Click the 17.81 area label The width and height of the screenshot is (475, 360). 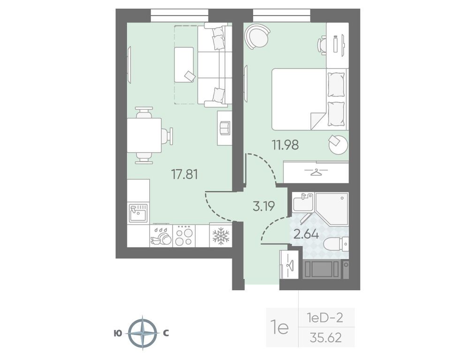pyautogui.click(x=184, y=174)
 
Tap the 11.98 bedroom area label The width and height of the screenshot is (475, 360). pyautogui.click(x=285, y=145)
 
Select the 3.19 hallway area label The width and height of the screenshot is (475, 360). pyautogui.click(x=264, y=206)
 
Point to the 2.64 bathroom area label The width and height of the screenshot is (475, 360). pyautogui.click(x=306, y=234)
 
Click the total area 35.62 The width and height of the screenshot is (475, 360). pyautogui.click(x=325, y=337)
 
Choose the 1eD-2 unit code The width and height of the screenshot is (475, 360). pyautogui.click(x=325, y=318)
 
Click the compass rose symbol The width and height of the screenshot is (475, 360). pyautogui.click(x=143, y=333)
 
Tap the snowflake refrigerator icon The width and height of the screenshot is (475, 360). pyautogui.click(x=221, y=236)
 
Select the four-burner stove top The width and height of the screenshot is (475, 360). pyautogui.click(x=184, y=236)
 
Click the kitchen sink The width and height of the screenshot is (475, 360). pyautogui.click(x=138, y=213)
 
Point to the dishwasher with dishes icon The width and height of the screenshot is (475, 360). pyautogui.click(x=161, y=236)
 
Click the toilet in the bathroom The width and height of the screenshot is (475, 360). pyautogui.click(x=336, y=244)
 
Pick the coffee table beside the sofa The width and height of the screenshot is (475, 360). pyautogui.click(x=184, y=65)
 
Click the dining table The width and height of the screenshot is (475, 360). pyautogui.click(x=144, y=135)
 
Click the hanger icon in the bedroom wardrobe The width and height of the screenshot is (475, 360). pyautogui.click(x=316, y=172)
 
